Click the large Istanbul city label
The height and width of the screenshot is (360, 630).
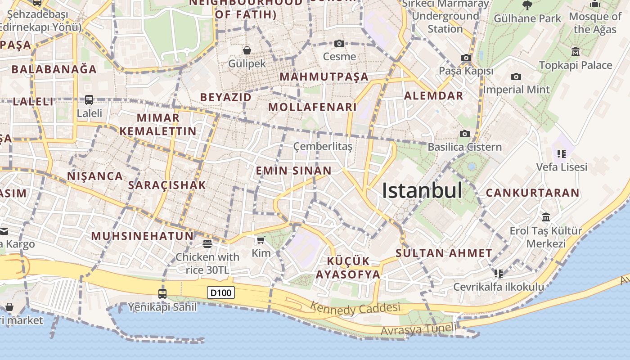422,191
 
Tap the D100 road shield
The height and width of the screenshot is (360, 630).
221,293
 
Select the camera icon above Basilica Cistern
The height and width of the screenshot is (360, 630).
465,134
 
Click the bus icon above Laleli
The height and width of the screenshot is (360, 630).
89,99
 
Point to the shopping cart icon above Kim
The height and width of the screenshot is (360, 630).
261,240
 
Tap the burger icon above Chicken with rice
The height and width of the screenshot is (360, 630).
207,244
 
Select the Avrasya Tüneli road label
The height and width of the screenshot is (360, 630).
417,329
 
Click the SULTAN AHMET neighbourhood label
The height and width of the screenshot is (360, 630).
444,253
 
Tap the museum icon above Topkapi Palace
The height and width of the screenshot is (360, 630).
575,52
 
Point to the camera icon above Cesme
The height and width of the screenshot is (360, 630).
339,43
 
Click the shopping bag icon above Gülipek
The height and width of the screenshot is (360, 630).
247,50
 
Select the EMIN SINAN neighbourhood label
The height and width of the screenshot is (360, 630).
293,171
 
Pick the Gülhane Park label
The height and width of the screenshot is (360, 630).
527,18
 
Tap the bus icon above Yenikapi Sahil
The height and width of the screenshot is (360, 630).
162,294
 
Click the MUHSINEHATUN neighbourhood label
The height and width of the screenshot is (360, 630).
142,236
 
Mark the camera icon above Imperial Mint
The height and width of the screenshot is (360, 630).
516,77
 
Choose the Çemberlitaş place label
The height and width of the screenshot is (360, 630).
323,146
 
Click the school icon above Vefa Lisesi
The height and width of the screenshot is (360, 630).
561,154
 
